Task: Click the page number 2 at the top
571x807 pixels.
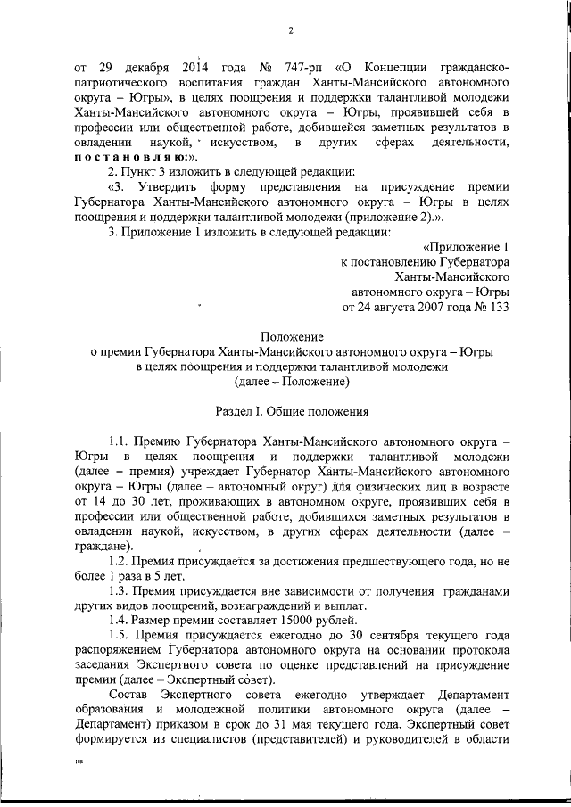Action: point(291,32)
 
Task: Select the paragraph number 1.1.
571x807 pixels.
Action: point(119,441)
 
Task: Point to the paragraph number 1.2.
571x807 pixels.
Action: point(119,562)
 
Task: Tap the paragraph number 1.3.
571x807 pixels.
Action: point(119,591)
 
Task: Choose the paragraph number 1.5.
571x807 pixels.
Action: point(119,636)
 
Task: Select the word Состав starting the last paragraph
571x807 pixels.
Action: point(128,695)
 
